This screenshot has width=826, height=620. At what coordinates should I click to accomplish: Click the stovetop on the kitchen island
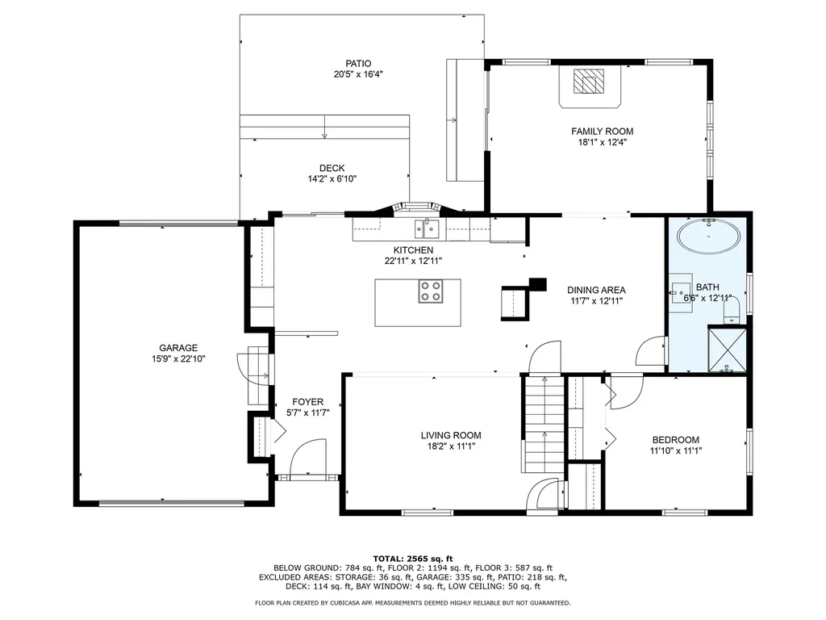tap(431, 291)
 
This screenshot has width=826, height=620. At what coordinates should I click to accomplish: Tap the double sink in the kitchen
tap(427, 228)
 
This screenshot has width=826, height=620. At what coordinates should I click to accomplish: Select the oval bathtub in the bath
tap(708, 237)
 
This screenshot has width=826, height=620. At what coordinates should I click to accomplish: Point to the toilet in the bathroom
tap(732, 311)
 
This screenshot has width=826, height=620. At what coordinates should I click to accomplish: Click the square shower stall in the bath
tap(727, 350)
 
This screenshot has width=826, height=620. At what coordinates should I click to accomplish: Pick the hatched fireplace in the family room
tap(589, 82)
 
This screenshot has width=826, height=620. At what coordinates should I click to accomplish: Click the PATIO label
tap(358, 64)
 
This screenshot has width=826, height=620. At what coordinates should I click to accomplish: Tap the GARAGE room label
tap(178, 348)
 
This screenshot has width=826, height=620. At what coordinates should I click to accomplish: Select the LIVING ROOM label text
tap(451, 435)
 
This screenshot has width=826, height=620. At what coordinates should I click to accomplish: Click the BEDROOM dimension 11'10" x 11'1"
tap(676, 450)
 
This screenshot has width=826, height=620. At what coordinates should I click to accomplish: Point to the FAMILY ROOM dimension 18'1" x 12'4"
tap(602, 142)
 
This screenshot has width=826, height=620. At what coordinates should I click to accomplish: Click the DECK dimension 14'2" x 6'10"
tap(332, 179)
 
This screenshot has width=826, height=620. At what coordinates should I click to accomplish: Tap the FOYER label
tap(307, 402)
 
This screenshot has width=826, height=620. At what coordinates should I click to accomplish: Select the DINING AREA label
tap(596, 290)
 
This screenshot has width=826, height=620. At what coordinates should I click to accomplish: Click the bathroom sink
tap(681, 291)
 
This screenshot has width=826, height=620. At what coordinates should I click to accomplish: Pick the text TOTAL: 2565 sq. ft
tap(413, 559)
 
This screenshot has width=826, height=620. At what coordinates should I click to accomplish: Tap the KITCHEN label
tap(414, 250)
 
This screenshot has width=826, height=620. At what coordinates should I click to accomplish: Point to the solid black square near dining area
tap(538, 284)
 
